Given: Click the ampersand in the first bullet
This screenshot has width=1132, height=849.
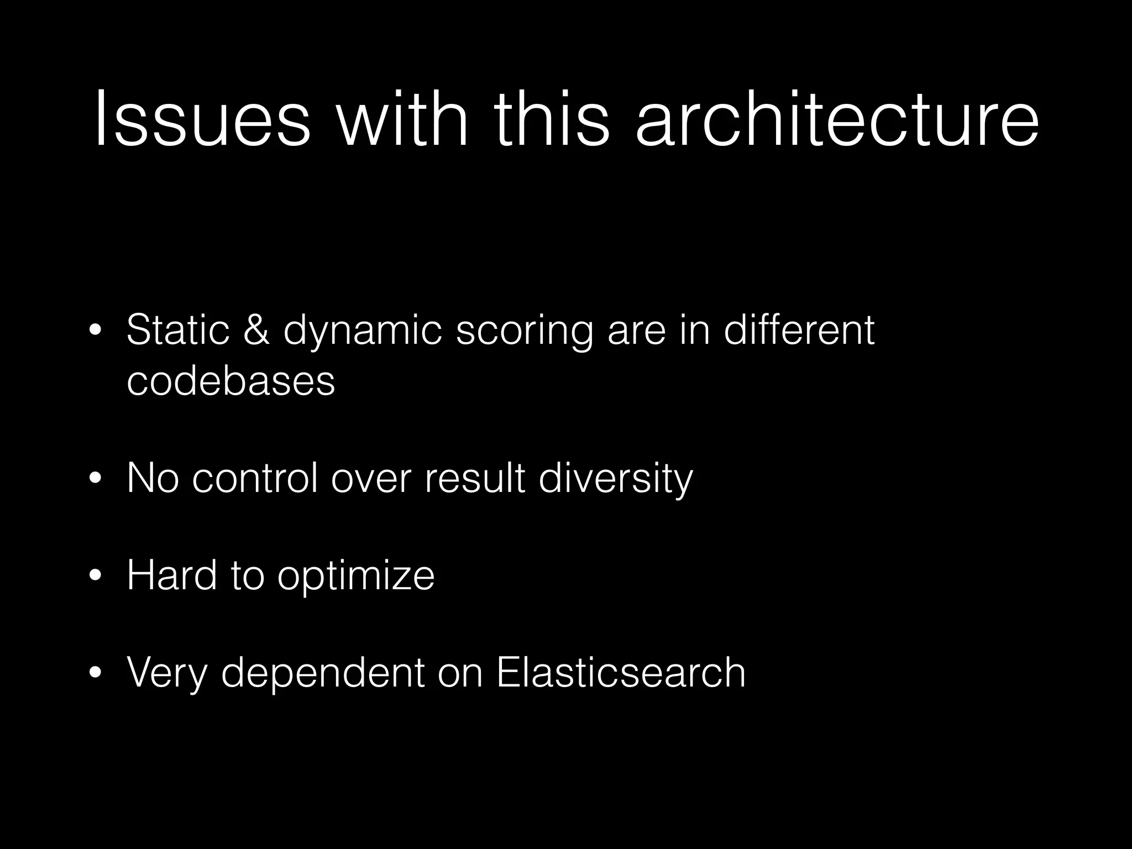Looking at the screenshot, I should click(x=256, y=330).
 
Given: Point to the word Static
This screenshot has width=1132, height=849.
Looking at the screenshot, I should click(x=177, y=330).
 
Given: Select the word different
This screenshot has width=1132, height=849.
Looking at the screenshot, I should click(x=799, y=330).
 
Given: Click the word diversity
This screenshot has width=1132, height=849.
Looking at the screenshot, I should click(x=615, y=479).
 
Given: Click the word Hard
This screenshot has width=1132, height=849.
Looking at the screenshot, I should click(x=171, y=575).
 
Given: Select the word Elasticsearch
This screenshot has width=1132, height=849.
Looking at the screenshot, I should click(x=621, y=673).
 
